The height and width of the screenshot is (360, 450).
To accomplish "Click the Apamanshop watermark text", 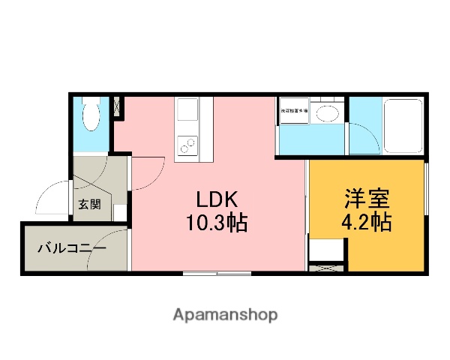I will click(226, 314).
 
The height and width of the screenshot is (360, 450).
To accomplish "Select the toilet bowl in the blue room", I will click(91, 117).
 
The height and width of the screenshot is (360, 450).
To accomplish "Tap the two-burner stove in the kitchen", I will click(186, 143).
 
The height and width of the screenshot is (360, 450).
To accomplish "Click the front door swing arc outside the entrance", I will click(51, 197).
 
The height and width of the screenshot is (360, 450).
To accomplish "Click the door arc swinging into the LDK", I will click(148, 170).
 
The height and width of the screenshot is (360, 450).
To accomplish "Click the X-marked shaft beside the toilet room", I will click(118, 106).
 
